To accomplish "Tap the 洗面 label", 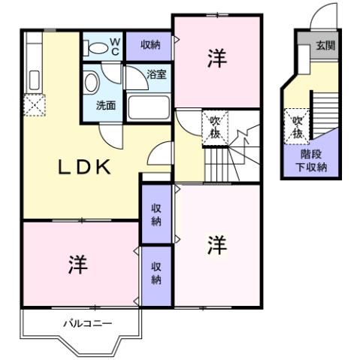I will click(105, 106).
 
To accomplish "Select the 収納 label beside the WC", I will click(150, 46).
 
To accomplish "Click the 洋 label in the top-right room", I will click(216, 60).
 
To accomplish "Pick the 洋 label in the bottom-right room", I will click(216, 244).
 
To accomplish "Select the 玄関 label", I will click(325, 45).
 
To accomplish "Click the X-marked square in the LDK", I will click(34, 106).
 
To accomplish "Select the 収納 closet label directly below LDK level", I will click(156, 213).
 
